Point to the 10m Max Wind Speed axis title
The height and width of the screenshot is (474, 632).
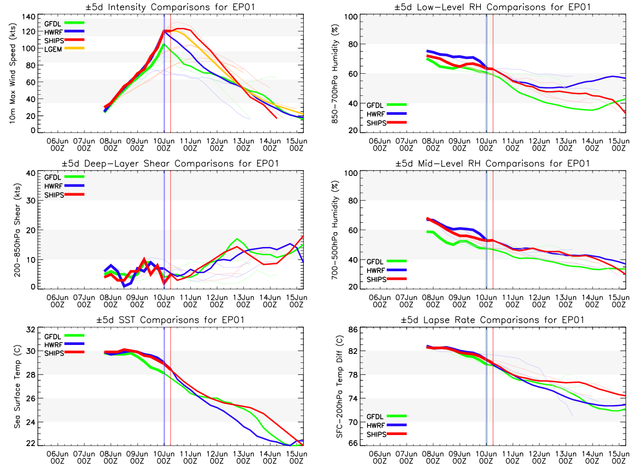12,74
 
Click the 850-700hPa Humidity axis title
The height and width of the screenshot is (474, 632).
334,74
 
